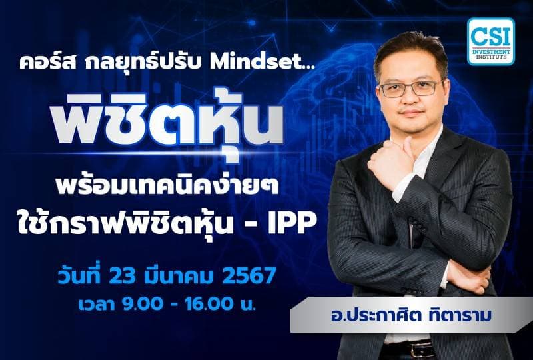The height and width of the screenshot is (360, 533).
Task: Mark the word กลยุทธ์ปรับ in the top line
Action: [133, 63]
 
